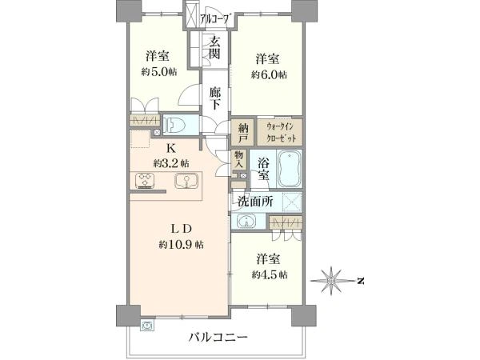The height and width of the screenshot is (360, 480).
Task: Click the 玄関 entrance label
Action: tap(214, 48)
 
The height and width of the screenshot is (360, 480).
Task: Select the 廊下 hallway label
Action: tap(215, 98)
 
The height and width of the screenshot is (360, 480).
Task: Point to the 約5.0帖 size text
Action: tap(158, 72)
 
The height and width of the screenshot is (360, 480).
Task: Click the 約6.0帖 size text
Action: tap(269, 74)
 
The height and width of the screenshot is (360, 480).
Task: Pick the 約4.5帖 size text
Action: tap(270, 275)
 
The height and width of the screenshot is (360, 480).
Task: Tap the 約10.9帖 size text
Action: tap(182, 245)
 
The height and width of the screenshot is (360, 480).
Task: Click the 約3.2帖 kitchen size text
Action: tap(171, 163)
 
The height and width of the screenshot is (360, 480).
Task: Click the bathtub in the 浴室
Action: tap(290, 168)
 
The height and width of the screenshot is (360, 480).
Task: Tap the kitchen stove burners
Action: tap(145, 180)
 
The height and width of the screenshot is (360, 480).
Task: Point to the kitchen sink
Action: tap(186, 181)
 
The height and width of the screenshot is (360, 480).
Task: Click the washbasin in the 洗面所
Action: tap(246, 221)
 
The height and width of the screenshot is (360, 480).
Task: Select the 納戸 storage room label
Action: tap(243, 132)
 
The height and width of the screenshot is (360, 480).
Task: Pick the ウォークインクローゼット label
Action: tap(281, 132)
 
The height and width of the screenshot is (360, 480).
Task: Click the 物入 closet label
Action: tap(238, 158)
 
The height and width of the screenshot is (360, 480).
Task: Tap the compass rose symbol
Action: tap(330, 281)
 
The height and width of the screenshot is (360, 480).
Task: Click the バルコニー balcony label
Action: tap(218, 338)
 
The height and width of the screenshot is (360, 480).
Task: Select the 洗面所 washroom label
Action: tap(256, 202)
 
